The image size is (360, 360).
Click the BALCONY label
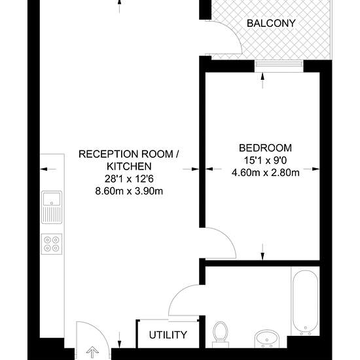click(271, 24)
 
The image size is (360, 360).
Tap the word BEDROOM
click(265, 148)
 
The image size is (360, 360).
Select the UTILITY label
click(168, 335)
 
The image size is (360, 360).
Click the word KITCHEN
click(129, 166)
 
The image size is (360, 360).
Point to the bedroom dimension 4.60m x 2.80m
click(265, 173)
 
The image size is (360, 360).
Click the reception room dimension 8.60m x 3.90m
click(129, 191)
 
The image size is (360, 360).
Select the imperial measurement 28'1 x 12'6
click(129, 179)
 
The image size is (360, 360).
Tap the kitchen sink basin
click(52, 199)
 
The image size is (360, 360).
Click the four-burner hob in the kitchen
click(52, 244)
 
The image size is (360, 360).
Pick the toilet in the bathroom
click(221, 334)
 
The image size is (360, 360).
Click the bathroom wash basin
click(267, 338)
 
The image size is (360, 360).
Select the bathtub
click(305, 301)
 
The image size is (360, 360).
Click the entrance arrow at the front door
click(92, 352)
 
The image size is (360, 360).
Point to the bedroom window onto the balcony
click(279, 63)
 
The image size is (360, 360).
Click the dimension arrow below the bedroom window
click(262, 81)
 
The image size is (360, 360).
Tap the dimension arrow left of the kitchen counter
click(48, 170)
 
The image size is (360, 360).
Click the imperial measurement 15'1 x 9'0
click(265, 160)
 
